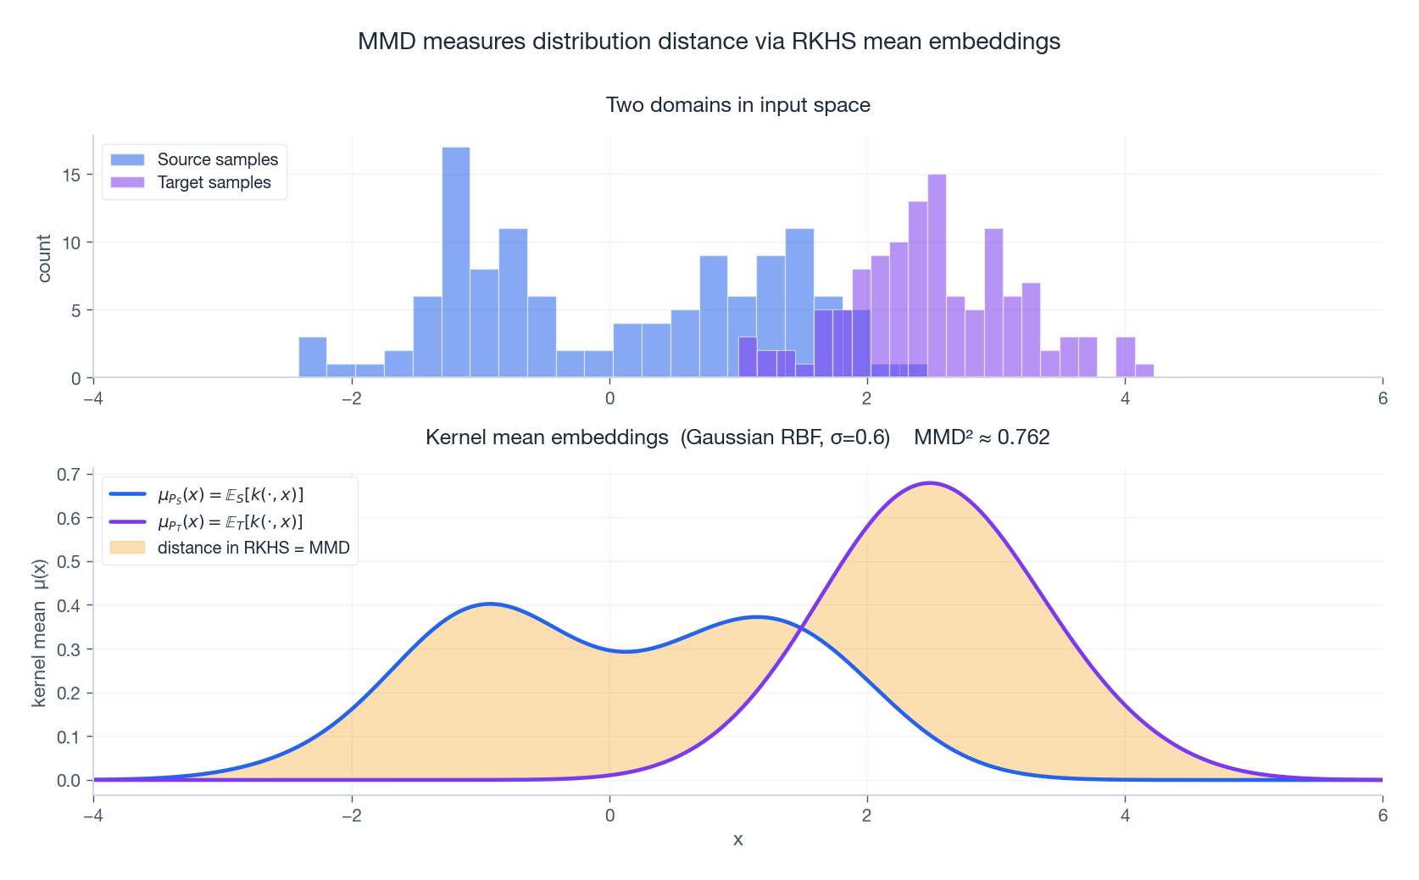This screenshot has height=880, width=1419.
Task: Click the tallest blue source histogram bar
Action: [456, 263]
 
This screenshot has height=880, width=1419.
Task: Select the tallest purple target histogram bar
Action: [937, 276]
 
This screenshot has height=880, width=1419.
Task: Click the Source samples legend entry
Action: [217, 159]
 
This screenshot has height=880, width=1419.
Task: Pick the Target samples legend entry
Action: [214, 182]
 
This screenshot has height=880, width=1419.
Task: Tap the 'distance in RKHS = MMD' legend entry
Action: [253, 548]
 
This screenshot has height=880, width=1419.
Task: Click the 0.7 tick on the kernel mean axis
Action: [69, 474]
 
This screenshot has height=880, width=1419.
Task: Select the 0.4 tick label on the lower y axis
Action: [69, 605]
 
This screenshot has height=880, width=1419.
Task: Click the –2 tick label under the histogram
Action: [352, 398]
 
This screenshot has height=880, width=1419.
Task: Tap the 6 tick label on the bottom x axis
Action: [1383, 816]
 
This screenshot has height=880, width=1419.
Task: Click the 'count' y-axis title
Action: [44, 259]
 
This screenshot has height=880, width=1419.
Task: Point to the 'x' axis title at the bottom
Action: [737, 839]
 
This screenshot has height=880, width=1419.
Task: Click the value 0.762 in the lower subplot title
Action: [1023, 437]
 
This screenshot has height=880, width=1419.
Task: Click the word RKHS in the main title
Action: [824, 42]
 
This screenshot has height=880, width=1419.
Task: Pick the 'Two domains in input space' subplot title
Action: [737, 105]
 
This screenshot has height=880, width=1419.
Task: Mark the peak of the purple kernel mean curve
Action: [930, 483]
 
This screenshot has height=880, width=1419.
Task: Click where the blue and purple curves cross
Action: [801, 628]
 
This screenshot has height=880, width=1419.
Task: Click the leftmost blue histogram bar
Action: [313, 358]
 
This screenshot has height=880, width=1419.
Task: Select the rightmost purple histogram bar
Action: [1144, 371]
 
